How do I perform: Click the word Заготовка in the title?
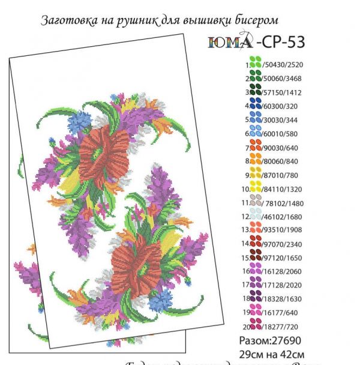tap(67, 20)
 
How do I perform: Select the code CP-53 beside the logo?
tap(280, 41)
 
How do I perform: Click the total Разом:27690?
tap(267, 340)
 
